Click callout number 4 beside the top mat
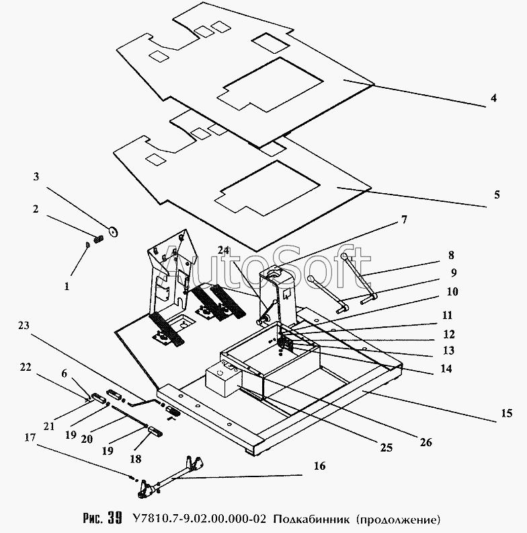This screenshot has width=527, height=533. [x=493, y=98]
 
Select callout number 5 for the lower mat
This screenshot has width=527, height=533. [x=497, y=194]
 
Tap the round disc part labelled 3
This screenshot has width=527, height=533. [x=113, y=232]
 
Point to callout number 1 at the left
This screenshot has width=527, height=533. [x=67, y=286]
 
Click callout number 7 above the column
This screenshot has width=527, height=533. [x=404, y=220]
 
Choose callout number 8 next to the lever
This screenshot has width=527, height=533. [x=451, y=255]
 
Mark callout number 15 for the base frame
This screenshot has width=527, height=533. [x=507, y=413]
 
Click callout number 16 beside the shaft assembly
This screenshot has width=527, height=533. [x=319, y=466]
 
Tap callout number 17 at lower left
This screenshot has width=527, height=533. [x=30, y=437]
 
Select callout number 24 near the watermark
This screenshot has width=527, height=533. [x=224, y=250]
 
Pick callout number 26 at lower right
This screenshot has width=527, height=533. [x=425, y=442]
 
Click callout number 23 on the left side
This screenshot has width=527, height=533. [x=24, y=326]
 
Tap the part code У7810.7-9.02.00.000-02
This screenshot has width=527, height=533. [x=199, y=518]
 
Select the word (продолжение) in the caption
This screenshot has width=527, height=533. [x=399, y=520]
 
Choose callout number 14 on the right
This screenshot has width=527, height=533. [x=446, y=369]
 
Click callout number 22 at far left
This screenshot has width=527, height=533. [x=26, y=367]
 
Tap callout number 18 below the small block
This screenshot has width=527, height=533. [x=135, y=459]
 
